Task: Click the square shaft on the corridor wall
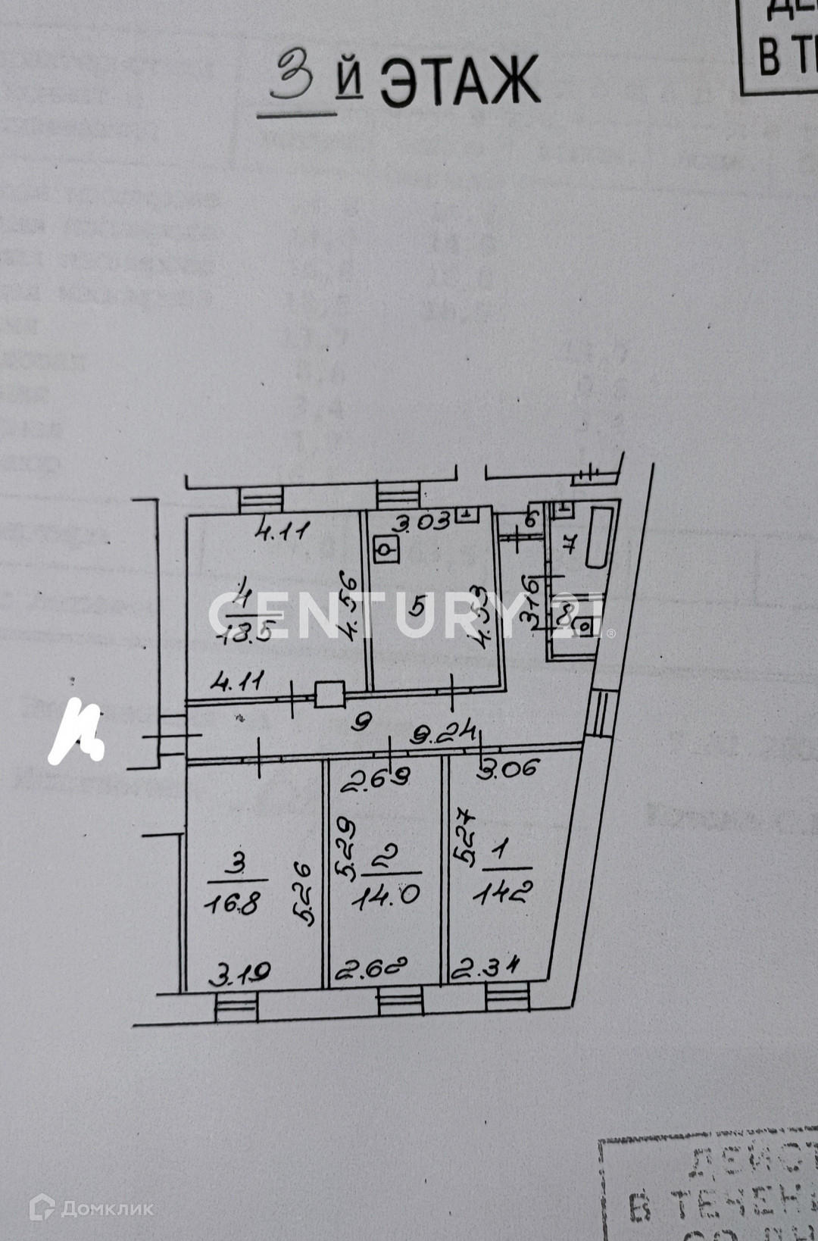coord(329,695)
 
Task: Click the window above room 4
coord(261,499)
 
